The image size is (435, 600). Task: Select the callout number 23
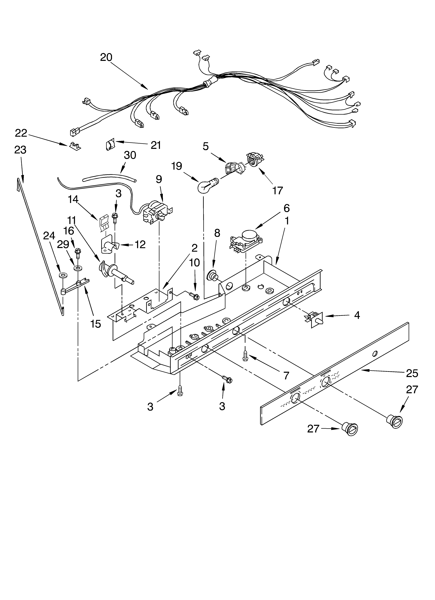coord(20,150)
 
